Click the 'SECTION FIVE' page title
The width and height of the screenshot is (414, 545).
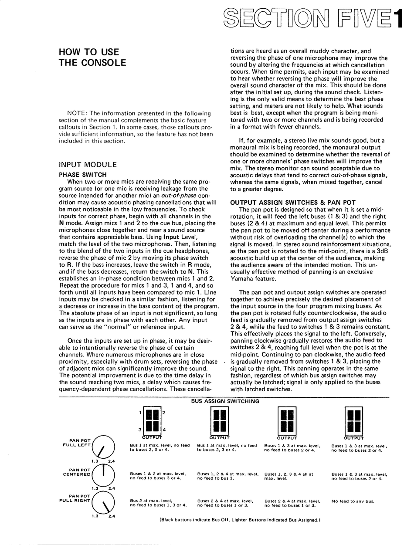[x=312, y=19]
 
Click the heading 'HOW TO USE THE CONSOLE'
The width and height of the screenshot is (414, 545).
[x=92, y=58]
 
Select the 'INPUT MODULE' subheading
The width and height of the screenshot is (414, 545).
[x=88, y=165]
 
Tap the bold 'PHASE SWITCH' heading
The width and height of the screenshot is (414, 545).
[x=82, y=175]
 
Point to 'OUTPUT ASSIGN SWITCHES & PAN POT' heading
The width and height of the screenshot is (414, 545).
[x=292, y=203]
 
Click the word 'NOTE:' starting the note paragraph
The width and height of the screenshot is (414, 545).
[x=78, y=114]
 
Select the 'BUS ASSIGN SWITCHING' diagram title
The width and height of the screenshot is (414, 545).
[x=225, y=401]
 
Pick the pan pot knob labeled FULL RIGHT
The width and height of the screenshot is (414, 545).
[x=103, y=502]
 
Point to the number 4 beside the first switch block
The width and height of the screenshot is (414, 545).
[x=164, y=430]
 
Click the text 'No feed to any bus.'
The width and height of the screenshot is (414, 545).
[x=353, y=501]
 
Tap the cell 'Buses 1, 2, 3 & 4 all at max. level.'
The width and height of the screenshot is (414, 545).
[x=288, y=476]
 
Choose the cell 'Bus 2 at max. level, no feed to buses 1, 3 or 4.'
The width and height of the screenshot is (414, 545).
[x=158, y=503]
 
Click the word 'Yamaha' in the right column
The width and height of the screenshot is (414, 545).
[x=241, y=279]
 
